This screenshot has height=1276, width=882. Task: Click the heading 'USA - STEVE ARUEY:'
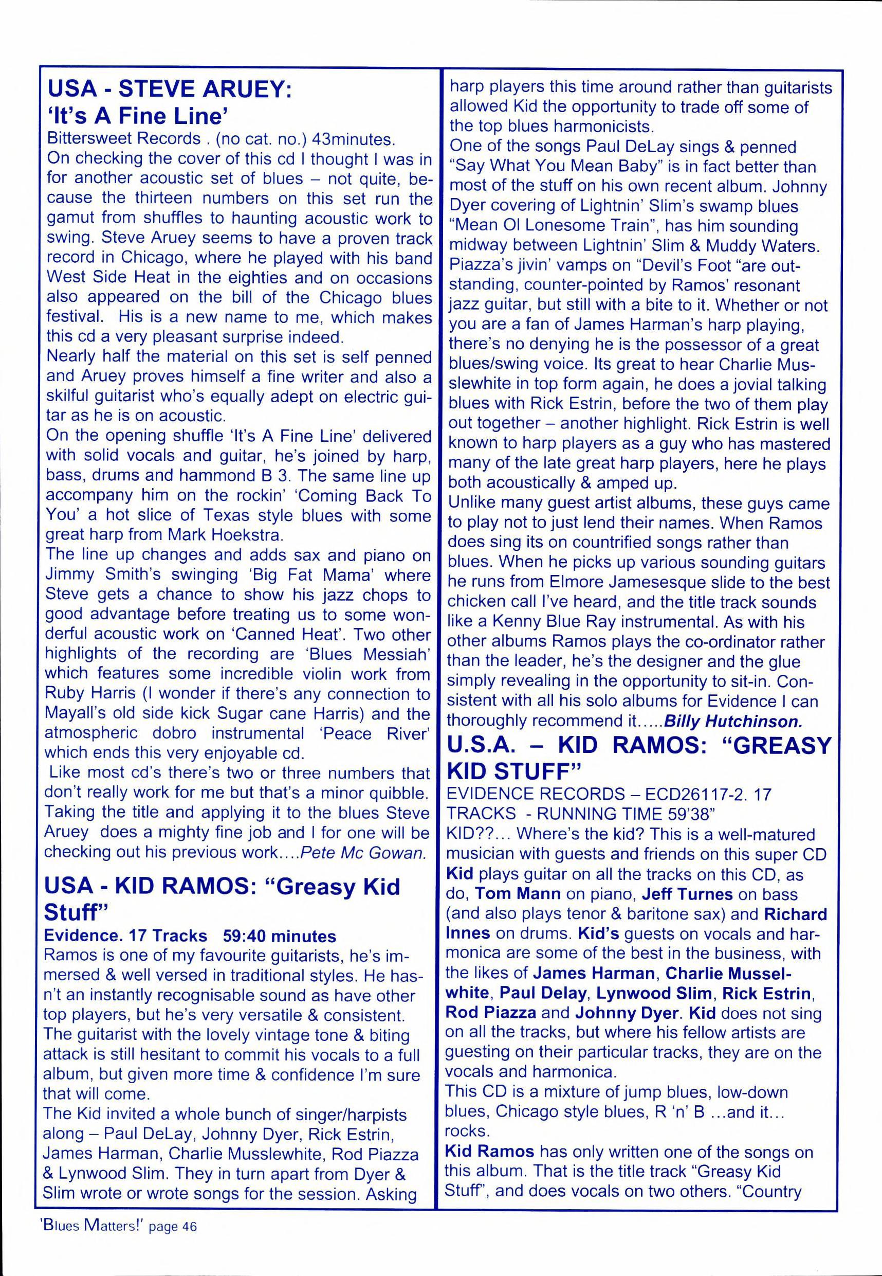click(170, 89)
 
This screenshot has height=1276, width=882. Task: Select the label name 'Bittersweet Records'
click(124, 139)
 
